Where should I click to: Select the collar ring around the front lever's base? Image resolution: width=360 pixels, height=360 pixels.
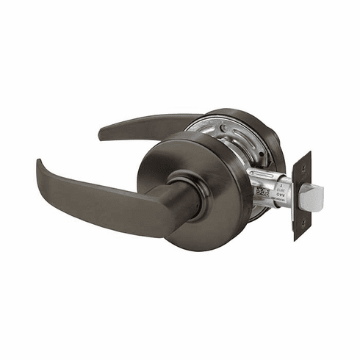pyautogui.click(x=179, y=184)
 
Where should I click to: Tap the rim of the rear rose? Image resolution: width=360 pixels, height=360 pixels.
pyautogui.click(x=272, y=140)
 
